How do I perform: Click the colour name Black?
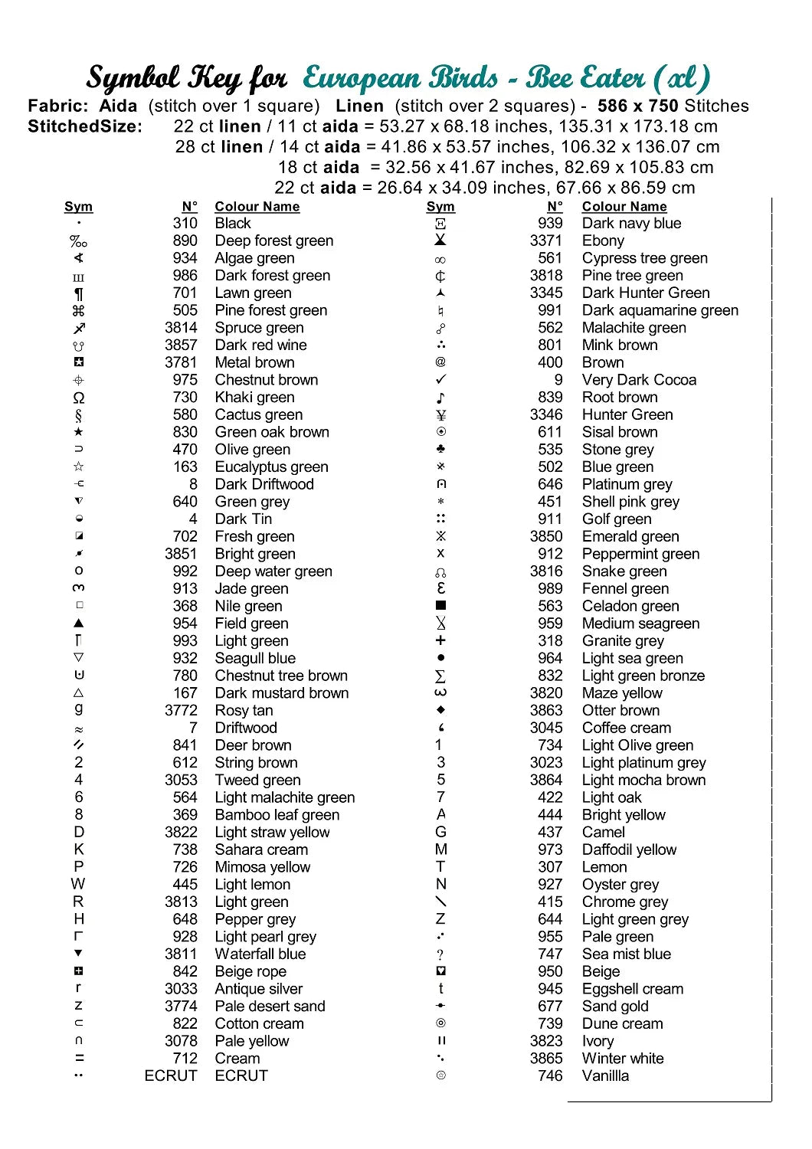233,223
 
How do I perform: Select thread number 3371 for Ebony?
545,241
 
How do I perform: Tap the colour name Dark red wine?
260,345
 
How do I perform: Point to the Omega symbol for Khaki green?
79,398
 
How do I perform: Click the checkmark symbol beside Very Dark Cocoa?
440,380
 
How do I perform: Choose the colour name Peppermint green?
640,554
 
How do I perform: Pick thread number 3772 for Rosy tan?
181,710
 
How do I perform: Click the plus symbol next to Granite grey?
440,640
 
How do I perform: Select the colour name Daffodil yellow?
629,849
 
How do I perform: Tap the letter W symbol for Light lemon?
78,884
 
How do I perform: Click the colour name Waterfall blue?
260,954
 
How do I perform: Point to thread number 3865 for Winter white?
545,1058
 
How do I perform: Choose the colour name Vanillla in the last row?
605,1075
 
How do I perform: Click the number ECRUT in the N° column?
171,1075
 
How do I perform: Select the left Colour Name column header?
257,207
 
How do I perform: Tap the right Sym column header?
440,207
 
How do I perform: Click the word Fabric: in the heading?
58,106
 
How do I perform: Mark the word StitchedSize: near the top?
85,126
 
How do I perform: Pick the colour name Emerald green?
630,536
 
